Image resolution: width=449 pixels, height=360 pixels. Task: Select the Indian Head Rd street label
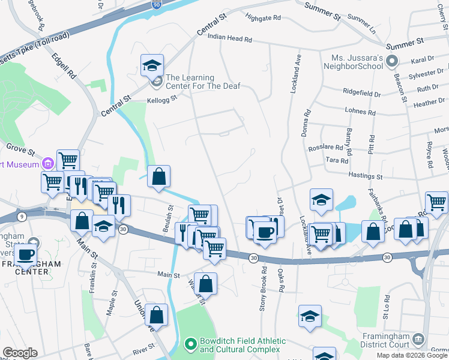(x=229, y=38)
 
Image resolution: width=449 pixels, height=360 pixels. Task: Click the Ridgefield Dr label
(x=361, y=94)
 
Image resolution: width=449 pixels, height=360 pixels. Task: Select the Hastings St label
(x=366, y=177)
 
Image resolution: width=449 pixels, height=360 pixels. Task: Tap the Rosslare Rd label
(x=325, y=147)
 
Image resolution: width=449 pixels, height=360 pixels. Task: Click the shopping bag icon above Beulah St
(x=158, y=177)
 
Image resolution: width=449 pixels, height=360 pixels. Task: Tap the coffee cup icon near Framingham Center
(x=25, y=254)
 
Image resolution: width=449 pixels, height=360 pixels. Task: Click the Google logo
(x=19, y=353)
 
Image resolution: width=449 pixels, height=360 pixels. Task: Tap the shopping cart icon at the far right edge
(x=436, y=202)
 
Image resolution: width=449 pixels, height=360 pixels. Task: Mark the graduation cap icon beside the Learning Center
(x=152, y=65)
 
